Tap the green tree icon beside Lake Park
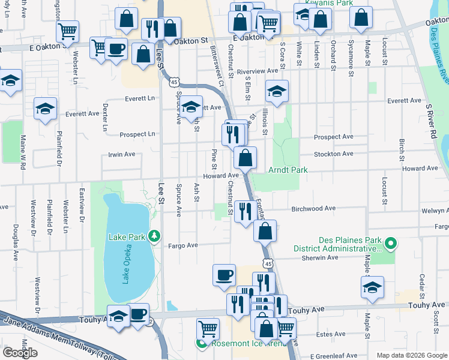tap(155, 236)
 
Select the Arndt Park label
tap(288, 170)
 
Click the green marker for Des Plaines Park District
tap(390, 243)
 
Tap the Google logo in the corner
tap(20, 353)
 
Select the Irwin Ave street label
tap(121, 155)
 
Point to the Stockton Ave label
tap(333, 154)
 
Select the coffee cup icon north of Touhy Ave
tap(224, 275)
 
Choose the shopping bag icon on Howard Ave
tap(246, 158)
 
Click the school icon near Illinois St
tap(277, 91)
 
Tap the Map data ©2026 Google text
tap(411, 355)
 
